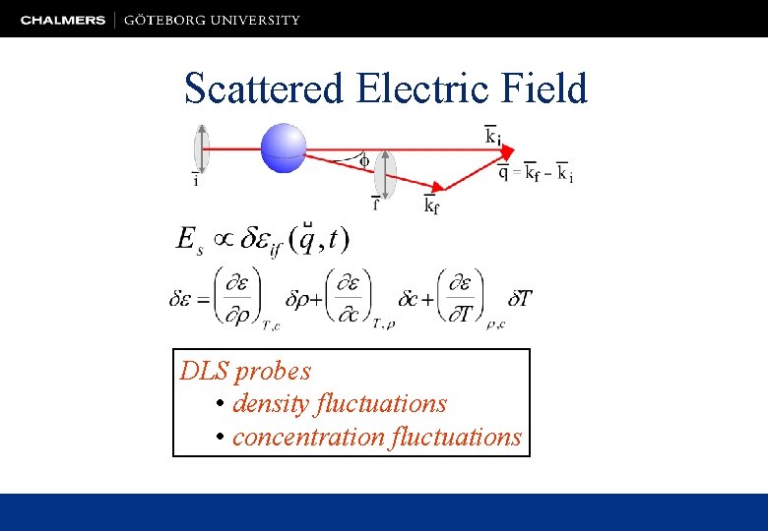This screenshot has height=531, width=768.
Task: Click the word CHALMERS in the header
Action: coord(63,20)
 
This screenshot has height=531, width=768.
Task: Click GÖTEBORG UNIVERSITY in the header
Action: coord(213,20)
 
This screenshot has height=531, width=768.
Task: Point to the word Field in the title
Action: coord(543,88)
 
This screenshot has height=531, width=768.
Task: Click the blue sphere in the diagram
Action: coord(284,147)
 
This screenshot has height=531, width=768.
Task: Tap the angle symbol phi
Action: coord(363,158)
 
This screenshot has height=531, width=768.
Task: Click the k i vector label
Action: coord(492,136)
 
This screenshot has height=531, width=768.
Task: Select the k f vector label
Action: coord(431,205)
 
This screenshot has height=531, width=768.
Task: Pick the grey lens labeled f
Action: coord(385,174)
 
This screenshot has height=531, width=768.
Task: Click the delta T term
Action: coord(519,298)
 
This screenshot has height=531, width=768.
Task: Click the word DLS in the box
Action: coord(204,371)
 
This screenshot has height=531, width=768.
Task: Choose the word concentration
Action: coord(308,436)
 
